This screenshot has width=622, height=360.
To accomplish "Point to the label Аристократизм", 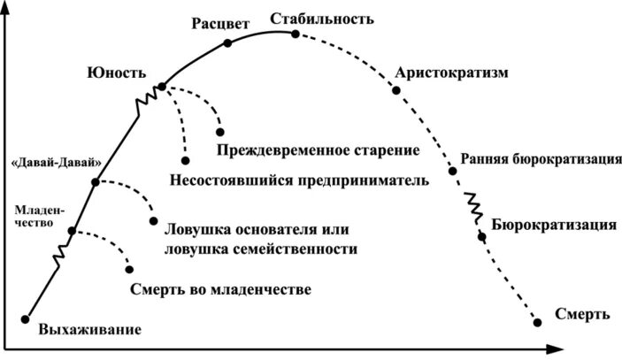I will click(452, 73).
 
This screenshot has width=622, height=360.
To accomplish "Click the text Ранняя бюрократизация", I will click(539, 160).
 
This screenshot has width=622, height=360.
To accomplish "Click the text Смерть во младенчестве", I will click(220, 289).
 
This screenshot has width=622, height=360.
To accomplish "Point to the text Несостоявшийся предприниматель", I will click(298, 180).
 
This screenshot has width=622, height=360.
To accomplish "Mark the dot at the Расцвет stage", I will click(227, 42).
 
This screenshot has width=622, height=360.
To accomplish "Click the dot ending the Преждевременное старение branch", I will click(219, 132).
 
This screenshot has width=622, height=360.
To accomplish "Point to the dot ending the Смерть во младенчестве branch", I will click(130, 269).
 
